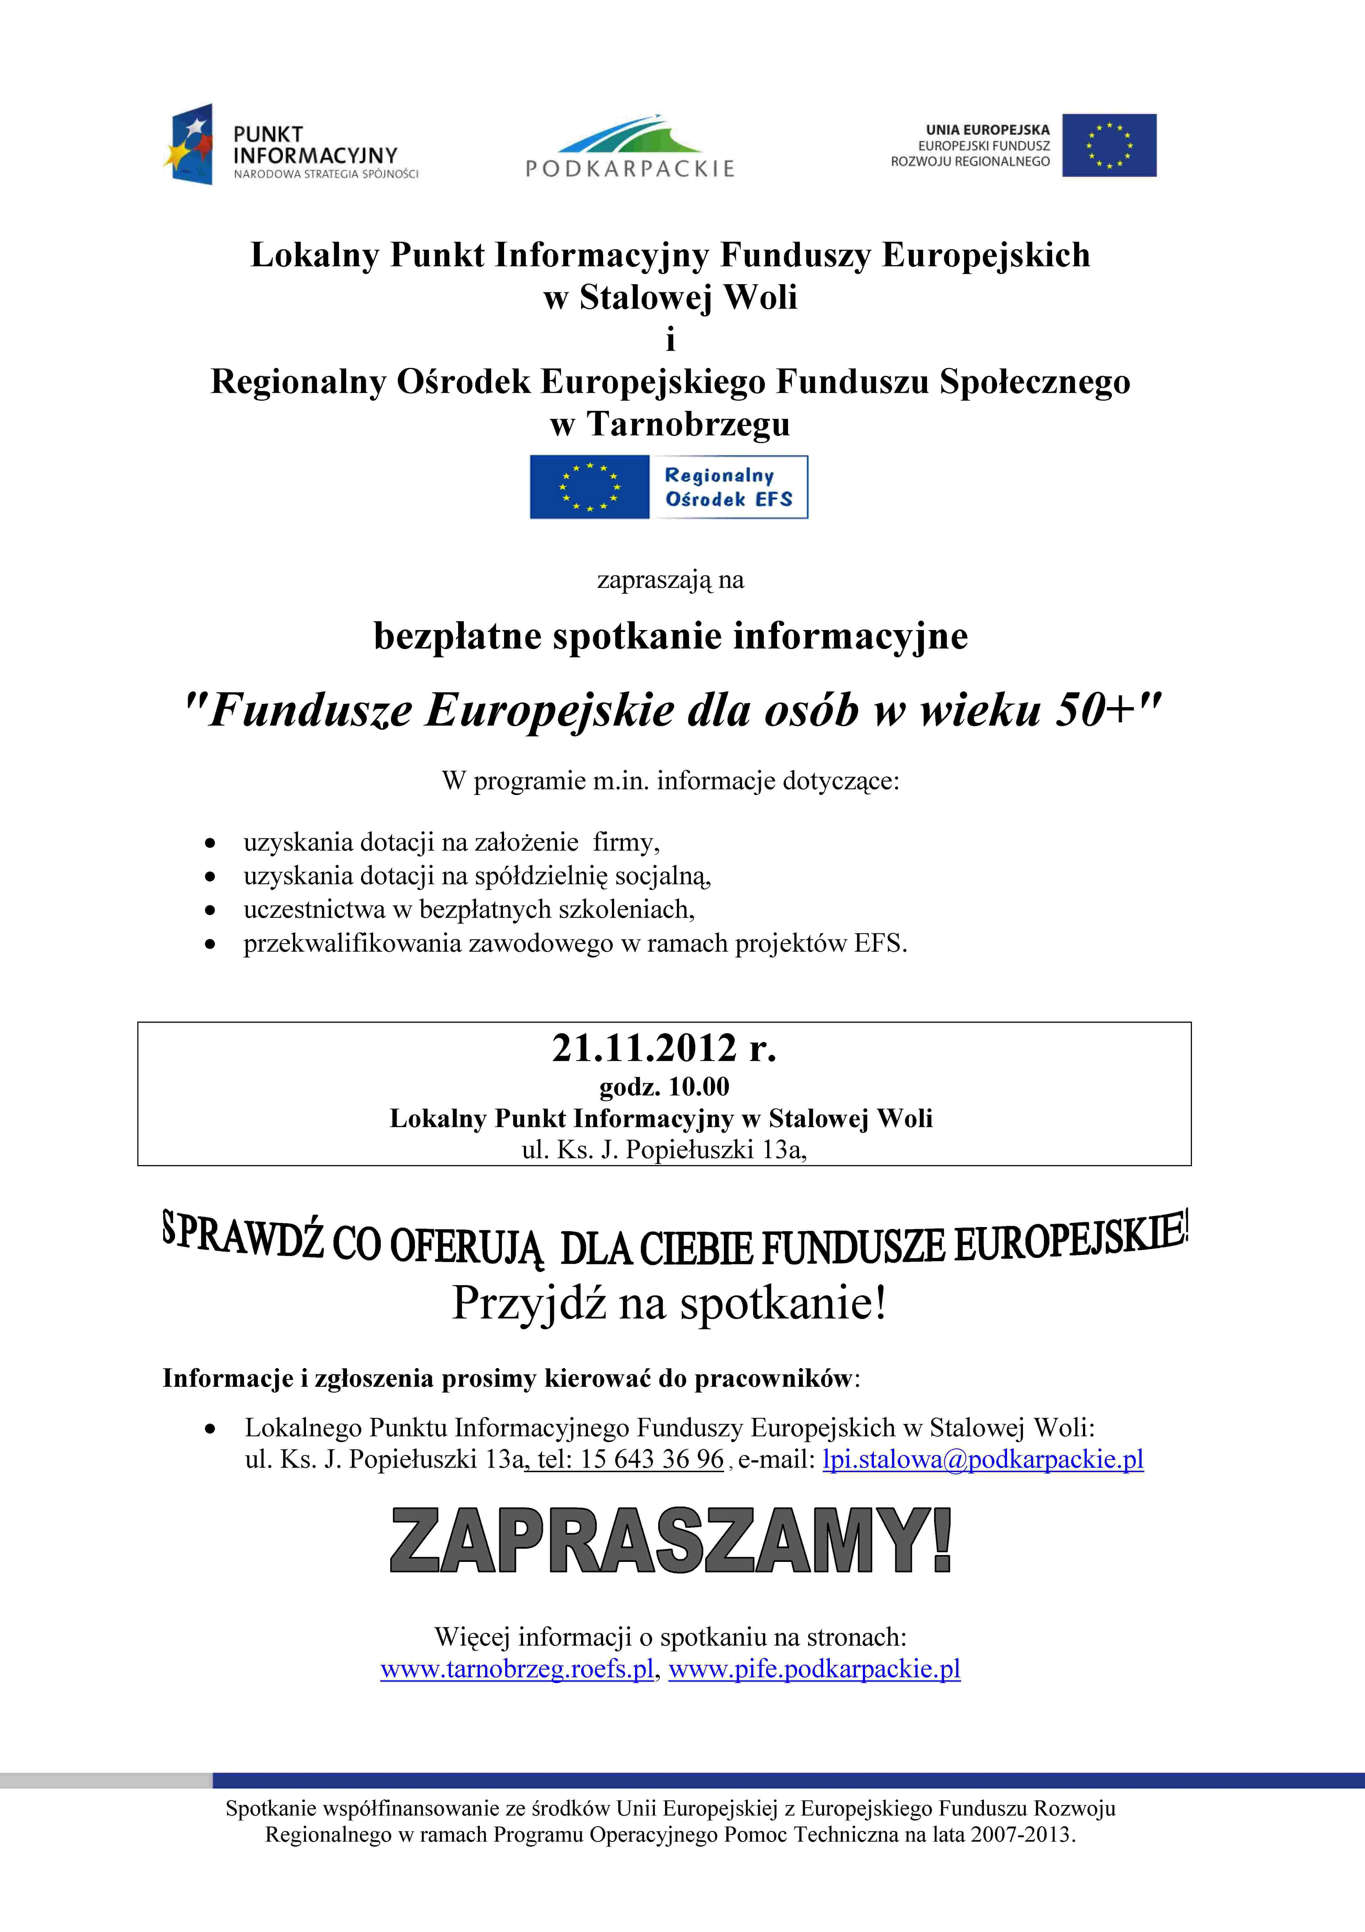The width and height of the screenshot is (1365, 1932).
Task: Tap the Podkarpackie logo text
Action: click(x=630, y=168)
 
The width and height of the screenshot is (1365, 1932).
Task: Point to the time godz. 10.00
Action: click(x=664, y=1087)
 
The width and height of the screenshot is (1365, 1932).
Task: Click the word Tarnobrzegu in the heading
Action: click(x=688, y=424)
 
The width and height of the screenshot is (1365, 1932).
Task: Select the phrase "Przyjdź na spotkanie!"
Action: click(x=669, y=1303)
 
